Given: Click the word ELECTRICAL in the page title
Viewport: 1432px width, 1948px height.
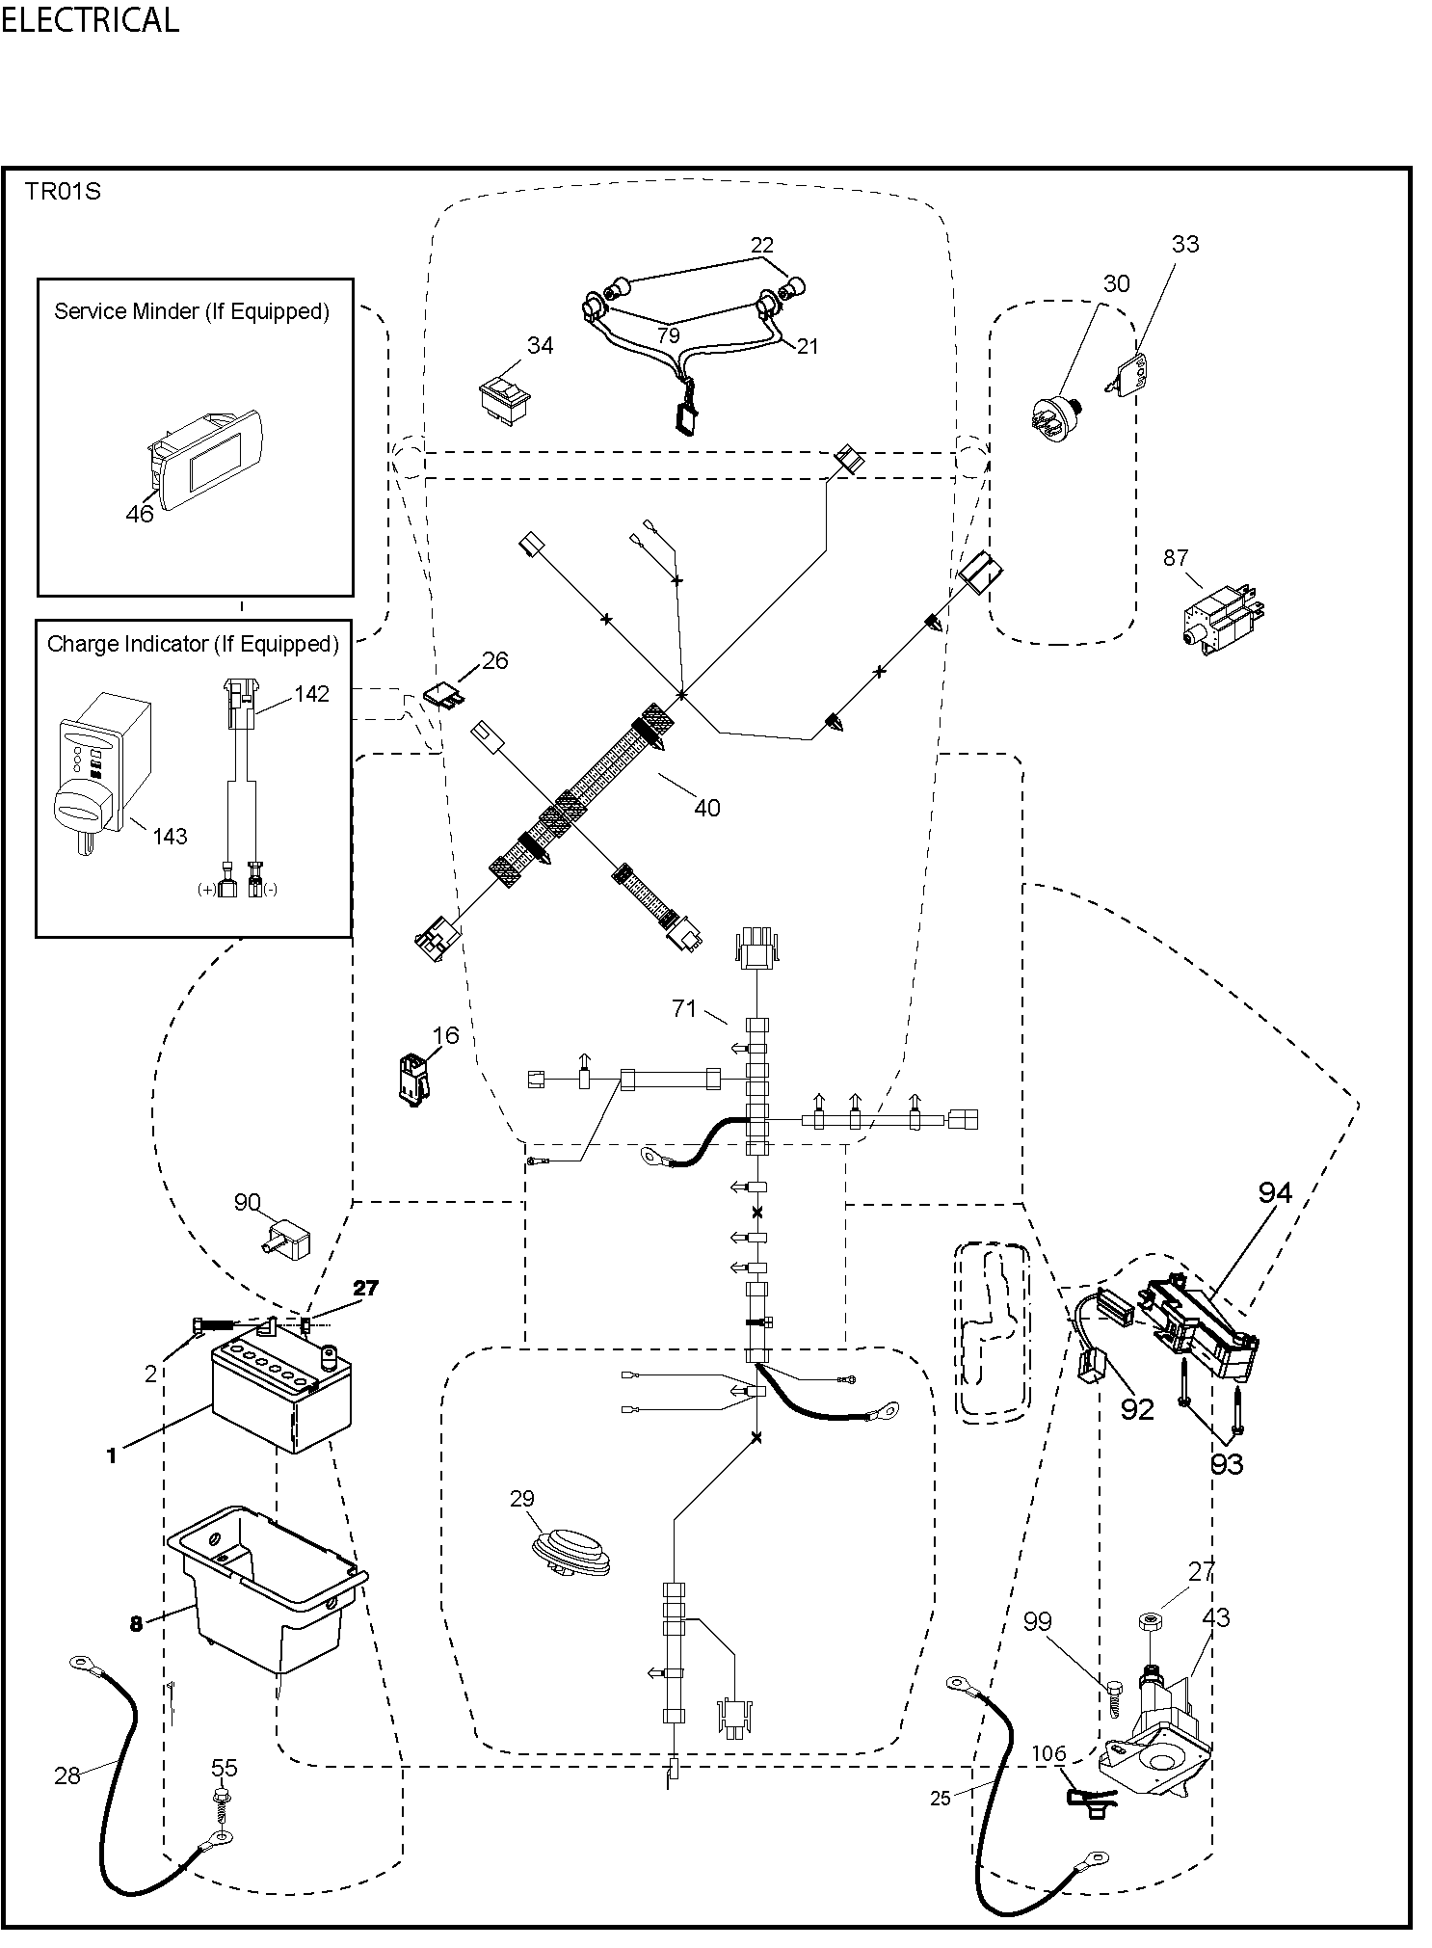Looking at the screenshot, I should (90, 20).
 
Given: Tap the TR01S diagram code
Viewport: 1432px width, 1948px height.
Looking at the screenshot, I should (63, 191).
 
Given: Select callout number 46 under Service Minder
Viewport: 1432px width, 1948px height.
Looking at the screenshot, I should (140, 514).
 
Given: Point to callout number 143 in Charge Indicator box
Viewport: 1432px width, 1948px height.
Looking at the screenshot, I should (170, 836).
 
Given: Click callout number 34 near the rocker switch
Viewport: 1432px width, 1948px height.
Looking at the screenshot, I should (540, 345).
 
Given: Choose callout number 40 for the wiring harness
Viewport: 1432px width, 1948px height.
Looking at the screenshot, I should (706, 808).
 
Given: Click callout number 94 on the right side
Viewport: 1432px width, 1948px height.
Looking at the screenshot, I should (1274, 1192).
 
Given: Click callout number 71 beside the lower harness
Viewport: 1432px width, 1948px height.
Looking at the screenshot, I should (684, 1008).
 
